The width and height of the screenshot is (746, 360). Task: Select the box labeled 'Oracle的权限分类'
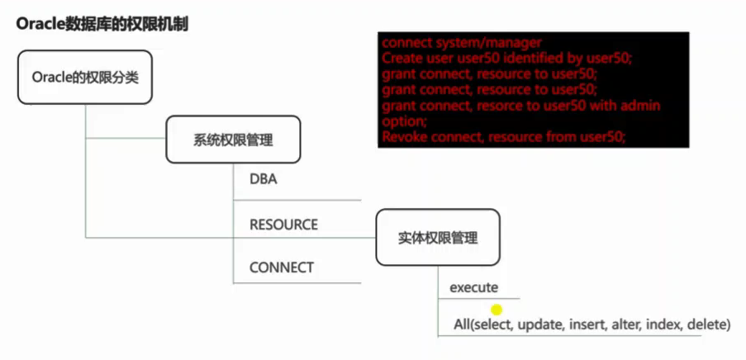click(x=84, y=77)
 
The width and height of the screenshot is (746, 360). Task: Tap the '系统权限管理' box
click(x=233, y=140)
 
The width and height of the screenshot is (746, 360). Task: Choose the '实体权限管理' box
click(x=438, y=238)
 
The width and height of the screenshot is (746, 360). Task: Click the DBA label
click(x=263, y=179)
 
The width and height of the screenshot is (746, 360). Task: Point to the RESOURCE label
click(x=283, y=225)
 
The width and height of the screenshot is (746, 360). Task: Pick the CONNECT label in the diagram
click(x=281, y=268)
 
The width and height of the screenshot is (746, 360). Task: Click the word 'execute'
click(x=473, y=287)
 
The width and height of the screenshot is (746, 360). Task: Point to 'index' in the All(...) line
click(x=663, y=325)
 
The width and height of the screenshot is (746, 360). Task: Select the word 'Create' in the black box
click(x=401, y=59)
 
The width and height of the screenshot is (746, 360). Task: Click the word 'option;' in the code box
click(x=402, y=121)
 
